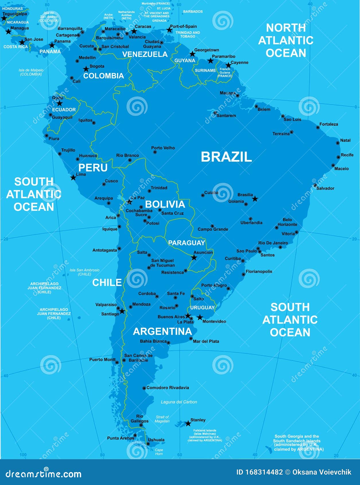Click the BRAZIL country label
point(226,157)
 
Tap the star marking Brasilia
point(255,199)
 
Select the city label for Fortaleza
point(329,124)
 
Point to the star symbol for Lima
point(73,177)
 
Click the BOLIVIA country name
point(165,204)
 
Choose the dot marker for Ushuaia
point(148,444)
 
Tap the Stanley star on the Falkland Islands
point(188,423)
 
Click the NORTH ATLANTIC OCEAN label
point(286,40)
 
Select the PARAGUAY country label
point(186,243)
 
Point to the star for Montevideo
point(200,317)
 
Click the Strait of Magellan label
point(162,419)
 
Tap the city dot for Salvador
point(315,185)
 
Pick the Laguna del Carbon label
point(179,402)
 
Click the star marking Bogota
point(86,69)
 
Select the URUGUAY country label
point(202,308)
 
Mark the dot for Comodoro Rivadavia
point(144,388)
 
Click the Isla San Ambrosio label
point(85,272)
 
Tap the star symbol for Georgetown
point(192,54)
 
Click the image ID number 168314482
point(264,472)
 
